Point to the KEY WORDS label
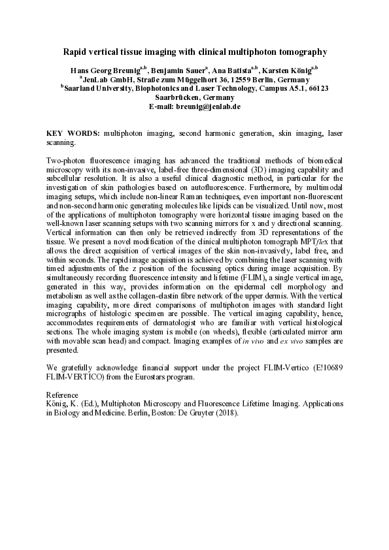(x=74, y=133)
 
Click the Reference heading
(x=63, y=395)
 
